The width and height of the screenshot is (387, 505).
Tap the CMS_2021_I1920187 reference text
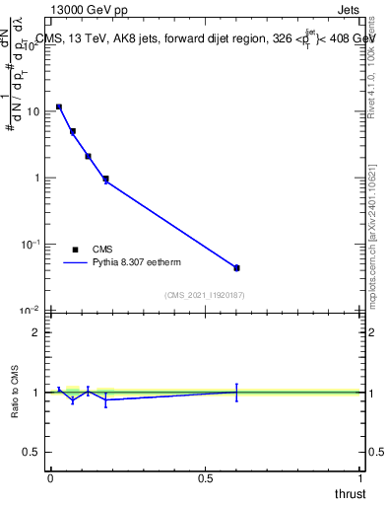206,294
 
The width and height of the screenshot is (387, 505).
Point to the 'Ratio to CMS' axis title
15,392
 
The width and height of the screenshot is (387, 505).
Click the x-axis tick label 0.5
205,477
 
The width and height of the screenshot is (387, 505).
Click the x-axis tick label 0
50,477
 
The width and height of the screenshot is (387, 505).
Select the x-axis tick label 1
360,477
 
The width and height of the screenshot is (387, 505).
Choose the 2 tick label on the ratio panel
38,332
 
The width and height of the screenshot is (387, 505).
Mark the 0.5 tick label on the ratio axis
33,453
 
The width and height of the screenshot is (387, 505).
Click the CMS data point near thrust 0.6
236,267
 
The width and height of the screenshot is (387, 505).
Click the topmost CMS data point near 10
59,107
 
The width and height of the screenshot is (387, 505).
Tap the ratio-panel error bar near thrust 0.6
236,392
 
